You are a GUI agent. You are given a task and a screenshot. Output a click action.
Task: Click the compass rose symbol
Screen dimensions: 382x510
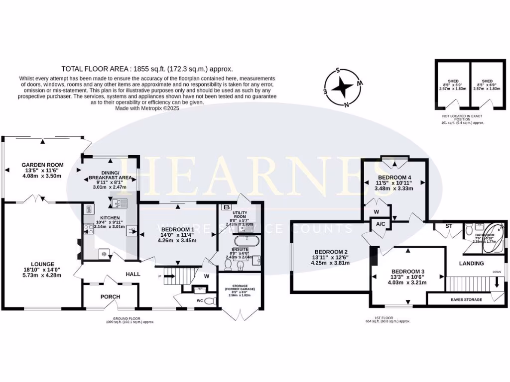coord(343,88)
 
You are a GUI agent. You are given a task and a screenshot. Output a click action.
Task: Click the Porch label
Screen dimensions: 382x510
coord(110,296)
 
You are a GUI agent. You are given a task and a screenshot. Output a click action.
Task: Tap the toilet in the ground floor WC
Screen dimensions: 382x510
coord(210,300)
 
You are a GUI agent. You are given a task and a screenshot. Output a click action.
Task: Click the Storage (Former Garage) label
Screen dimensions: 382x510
coord(240,287)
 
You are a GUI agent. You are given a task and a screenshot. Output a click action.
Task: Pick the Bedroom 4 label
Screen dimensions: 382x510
coord(394,178)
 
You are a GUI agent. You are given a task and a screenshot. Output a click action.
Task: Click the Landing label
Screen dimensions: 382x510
coord(471,263)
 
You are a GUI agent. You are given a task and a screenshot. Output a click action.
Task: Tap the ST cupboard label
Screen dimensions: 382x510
coord(449,225)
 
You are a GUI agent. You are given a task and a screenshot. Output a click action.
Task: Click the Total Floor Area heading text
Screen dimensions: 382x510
coord(147,69)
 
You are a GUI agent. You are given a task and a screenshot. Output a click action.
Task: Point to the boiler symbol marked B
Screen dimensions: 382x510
coord(227,206)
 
